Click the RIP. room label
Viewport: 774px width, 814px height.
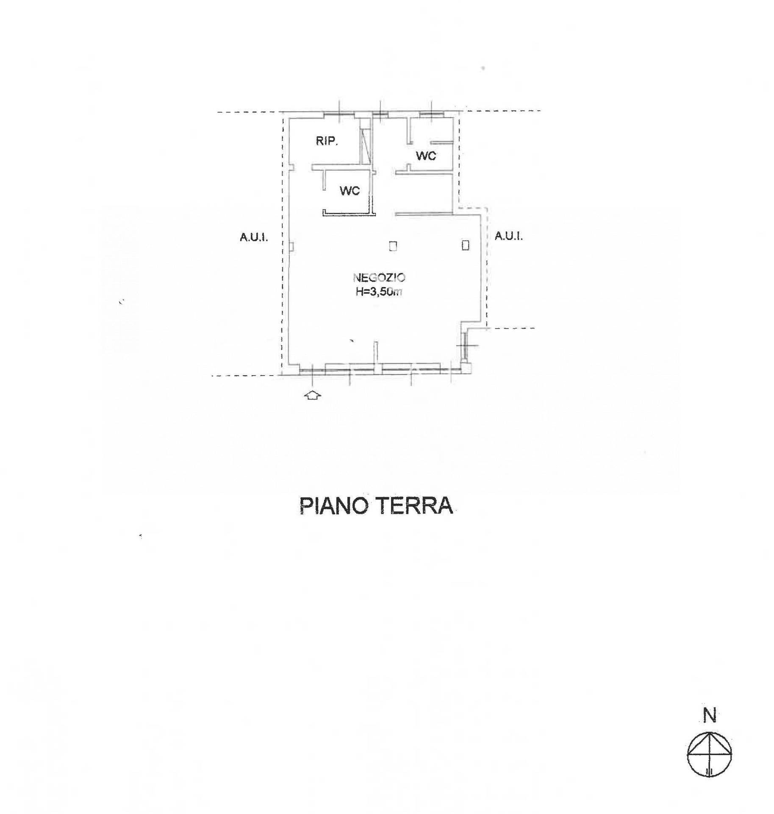click(327, 141)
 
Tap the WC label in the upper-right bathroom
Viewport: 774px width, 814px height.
click(426, 156)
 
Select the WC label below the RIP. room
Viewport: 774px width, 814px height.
click(350, 191)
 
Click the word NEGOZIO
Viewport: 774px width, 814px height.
click(379, 278)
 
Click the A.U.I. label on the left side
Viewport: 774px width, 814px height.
click(254, 237)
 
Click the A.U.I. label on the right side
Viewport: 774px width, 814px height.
click(508, 236)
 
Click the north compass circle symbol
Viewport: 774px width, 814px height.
click(709, 755)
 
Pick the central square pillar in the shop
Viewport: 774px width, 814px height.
click(393, 246)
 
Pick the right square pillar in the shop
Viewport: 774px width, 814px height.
click(466, 245)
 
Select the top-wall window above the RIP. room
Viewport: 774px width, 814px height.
click(339, 113)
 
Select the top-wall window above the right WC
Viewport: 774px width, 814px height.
click(431, 113)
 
